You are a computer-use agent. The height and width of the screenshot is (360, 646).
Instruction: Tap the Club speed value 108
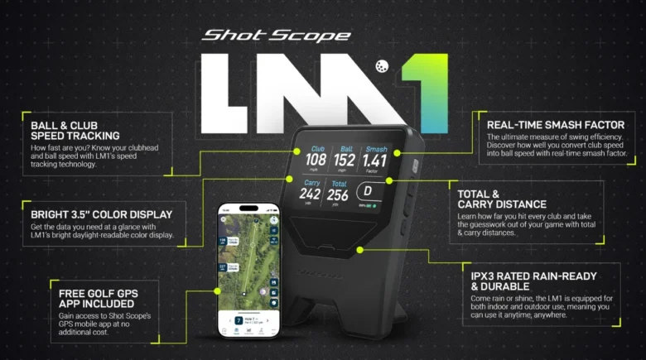[x=316, y=159]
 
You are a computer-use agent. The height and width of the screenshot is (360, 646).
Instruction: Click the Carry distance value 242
[x=311, y=194]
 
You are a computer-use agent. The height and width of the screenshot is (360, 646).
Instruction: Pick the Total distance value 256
[x=338, y=194]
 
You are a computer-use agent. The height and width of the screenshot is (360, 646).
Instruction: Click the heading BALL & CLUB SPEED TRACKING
[x=75, y=131]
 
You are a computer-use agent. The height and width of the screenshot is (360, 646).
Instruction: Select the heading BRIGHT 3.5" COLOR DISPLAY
[x=100, y=214]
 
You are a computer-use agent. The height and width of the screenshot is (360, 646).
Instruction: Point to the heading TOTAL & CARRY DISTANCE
[x=501, y=199]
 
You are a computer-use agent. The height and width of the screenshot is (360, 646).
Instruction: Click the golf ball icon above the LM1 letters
[x=383, y=66]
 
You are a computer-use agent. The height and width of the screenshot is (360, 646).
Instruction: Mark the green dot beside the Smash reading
[x=398, y=153]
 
